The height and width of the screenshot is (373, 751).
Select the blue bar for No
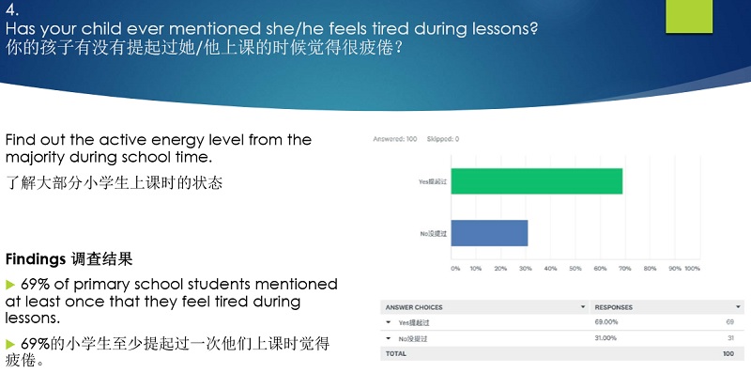(x=489, y=233)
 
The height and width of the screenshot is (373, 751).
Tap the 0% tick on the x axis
(x=455, y=268)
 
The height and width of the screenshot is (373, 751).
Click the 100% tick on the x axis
(x=692, y=268)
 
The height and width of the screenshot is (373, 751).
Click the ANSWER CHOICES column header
(x=414, y=307)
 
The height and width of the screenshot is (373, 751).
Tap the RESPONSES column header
(x=614, y=307)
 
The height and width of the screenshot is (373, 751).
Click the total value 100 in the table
(x=728, y=353)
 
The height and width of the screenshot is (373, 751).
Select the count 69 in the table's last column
(x=729, y=322)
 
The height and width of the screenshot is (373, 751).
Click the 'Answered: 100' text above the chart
(x=395, y=138)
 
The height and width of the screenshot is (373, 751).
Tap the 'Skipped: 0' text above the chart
(x=440, y=138)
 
